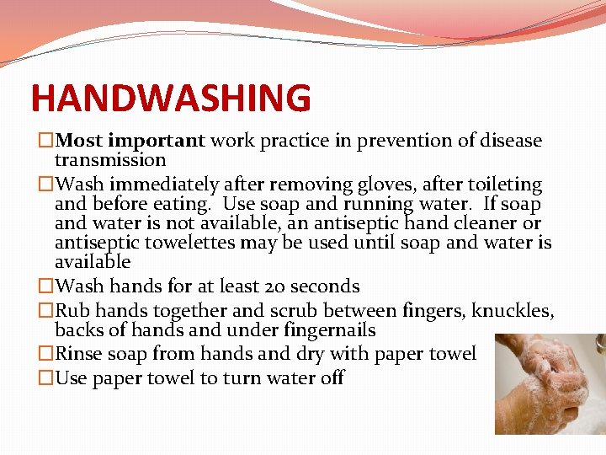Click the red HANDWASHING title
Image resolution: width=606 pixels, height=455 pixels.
coord(171,98)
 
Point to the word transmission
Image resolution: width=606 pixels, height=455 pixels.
coord(110,160)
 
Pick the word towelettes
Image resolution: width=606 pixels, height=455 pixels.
coord(194,244)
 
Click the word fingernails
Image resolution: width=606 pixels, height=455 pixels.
coord(322,330)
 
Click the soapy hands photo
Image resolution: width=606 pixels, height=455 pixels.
coord(548,384)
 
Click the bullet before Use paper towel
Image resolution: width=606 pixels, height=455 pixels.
coord(46,378)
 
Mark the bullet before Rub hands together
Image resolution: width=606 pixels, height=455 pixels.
coord(46,311)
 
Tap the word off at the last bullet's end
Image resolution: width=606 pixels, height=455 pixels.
coord(332,378)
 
